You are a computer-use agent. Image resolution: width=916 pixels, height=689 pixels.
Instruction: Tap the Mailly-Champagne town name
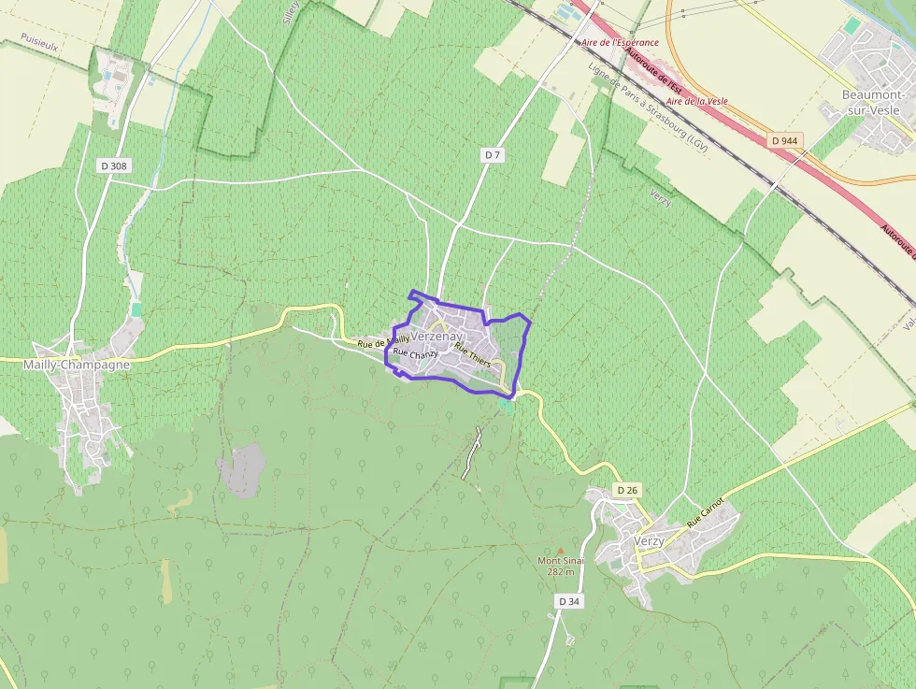coord(77,365)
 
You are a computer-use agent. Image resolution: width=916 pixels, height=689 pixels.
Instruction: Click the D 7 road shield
coord(494,155)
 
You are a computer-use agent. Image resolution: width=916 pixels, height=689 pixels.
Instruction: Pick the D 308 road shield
coord(113,165)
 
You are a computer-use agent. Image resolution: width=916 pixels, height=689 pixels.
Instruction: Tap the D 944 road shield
coord(784,140)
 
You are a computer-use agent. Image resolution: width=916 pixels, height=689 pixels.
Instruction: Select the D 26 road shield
coord(627,490)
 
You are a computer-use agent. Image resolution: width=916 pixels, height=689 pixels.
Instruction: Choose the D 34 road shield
coord(569,601)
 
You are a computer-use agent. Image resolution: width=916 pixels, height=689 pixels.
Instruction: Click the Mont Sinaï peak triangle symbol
coord(560,551)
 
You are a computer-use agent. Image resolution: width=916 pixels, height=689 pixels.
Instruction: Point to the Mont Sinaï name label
coord(560,561)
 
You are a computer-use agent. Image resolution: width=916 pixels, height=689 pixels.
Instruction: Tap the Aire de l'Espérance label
coord(620,43)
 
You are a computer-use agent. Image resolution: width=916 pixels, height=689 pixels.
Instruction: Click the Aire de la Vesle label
coord(696,101)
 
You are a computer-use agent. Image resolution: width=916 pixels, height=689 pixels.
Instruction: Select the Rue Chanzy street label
coord(415,354)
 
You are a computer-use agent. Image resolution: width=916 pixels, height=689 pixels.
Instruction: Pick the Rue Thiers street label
coord(472,354)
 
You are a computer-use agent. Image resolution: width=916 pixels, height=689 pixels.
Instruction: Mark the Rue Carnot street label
coord(706,513)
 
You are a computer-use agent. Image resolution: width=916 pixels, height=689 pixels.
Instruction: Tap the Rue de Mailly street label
coord(383,342)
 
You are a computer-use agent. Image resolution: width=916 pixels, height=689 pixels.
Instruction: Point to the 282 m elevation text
coord(560,571)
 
